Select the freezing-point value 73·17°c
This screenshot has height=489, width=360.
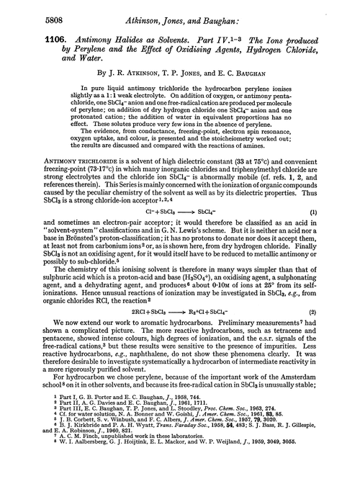pos(80,177)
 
